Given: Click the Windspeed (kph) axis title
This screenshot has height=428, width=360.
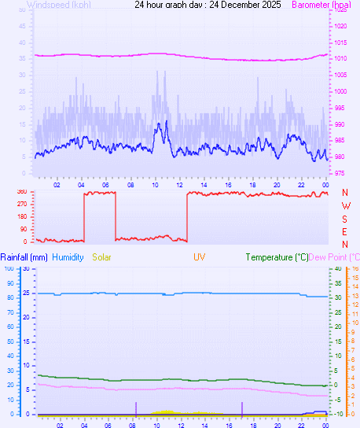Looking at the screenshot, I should pyautogui.click(x=58, y=5).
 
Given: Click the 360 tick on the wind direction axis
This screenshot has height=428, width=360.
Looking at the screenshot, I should pyautogui.click(x=21, y=191).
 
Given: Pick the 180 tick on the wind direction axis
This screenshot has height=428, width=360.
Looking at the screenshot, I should pyautogui.click(x=21, y=216).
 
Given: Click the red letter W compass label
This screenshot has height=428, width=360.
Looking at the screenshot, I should pyautogui.click(x=345, y=205).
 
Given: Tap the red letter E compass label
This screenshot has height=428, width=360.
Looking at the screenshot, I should pyautogui.click(x=345, y=231).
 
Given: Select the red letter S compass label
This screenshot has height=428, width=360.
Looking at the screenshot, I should pyautogui.click(x=345, y=218).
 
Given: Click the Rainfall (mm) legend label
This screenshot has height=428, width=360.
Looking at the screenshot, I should pyautogui.click(x=24, y=257).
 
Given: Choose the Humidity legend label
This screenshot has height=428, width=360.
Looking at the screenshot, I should pyautogui.click(x=68, y=257).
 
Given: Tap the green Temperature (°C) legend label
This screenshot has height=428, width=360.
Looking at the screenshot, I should pyautogui.click(x=277, y=257).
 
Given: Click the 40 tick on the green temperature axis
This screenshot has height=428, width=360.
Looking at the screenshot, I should pyautogui.click(x=337, y=268).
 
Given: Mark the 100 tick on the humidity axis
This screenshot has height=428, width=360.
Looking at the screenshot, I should pyautogui.click(x=9, y=268).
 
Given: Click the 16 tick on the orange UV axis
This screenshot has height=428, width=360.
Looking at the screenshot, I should pyautogui.click(x=355, y=268).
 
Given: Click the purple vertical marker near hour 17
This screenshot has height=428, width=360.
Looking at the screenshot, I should pyautogui.click(x=242, y=408).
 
